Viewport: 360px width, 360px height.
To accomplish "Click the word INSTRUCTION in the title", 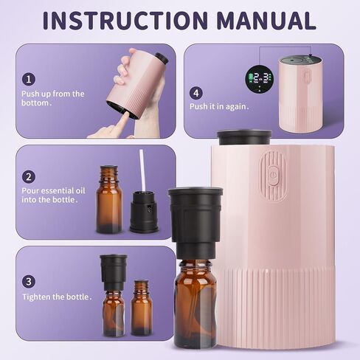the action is point(125,20).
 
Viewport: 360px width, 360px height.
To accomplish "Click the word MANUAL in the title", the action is point(266,20).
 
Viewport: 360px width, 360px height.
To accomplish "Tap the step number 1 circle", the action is point(29,80).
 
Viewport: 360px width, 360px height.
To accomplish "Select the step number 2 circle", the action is point(29,177).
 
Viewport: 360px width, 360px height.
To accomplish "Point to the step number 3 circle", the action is point(29,282).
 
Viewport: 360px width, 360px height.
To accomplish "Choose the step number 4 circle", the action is point(196,93).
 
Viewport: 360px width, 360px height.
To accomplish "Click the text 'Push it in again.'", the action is point(219,107).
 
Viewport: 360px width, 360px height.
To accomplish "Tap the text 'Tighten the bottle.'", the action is point(57,297).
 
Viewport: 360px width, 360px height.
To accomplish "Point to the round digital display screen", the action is point(259,79).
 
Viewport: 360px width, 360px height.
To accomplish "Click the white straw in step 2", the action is point(143,170).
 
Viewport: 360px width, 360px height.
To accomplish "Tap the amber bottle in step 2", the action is point(109,199).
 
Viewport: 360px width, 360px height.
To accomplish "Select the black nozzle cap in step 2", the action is point(145,212).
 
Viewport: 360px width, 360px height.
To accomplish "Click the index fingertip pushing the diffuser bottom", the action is point(127,115).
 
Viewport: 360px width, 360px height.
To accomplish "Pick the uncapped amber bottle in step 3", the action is point(141,308).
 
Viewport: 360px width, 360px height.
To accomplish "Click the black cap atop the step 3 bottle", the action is point(114,272).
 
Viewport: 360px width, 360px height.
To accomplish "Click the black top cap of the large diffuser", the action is point(244,138).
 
